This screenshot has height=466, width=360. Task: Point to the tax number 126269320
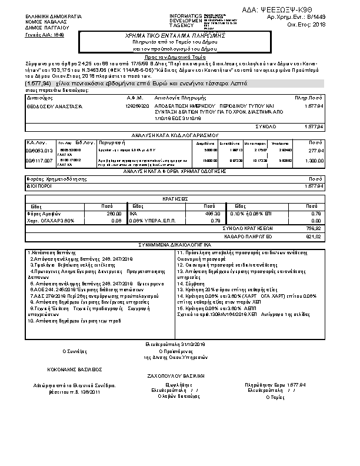coord(137,106)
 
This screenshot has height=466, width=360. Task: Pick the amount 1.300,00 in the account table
coord(314,160)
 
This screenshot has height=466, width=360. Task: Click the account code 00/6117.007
coord(39,160)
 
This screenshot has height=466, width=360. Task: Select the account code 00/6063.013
coord(39,151)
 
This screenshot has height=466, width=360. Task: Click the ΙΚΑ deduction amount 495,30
coord(212,214)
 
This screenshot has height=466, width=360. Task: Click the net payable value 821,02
coord(315,237)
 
